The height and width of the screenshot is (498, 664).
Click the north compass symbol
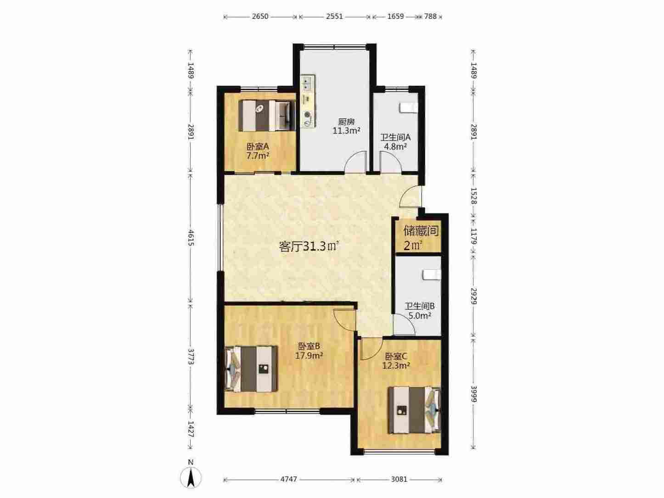(191, 476)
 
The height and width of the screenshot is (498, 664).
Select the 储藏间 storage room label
(421, 231)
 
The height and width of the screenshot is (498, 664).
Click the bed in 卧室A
(267, 116)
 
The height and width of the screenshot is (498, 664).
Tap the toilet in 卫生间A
(409, 108)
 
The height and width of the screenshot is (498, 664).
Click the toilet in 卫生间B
(431, 275)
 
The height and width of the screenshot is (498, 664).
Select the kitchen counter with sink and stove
(308, 101)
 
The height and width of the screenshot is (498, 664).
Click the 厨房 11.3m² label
(346, 126)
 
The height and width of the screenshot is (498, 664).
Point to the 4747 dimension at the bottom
(288, 479)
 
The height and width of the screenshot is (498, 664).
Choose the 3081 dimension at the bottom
(400, 479)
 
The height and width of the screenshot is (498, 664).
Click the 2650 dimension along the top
(260, 17)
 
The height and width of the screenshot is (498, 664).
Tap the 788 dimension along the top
(430, 17)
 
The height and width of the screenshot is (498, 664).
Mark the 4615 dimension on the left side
(191, 237)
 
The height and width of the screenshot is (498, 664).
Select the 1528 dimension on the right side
(473, 196)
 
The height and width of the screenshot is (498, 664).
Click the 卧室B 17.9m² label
(309, 351)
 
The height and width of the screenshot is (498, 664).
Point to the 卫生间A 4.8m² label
(395, 142)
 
